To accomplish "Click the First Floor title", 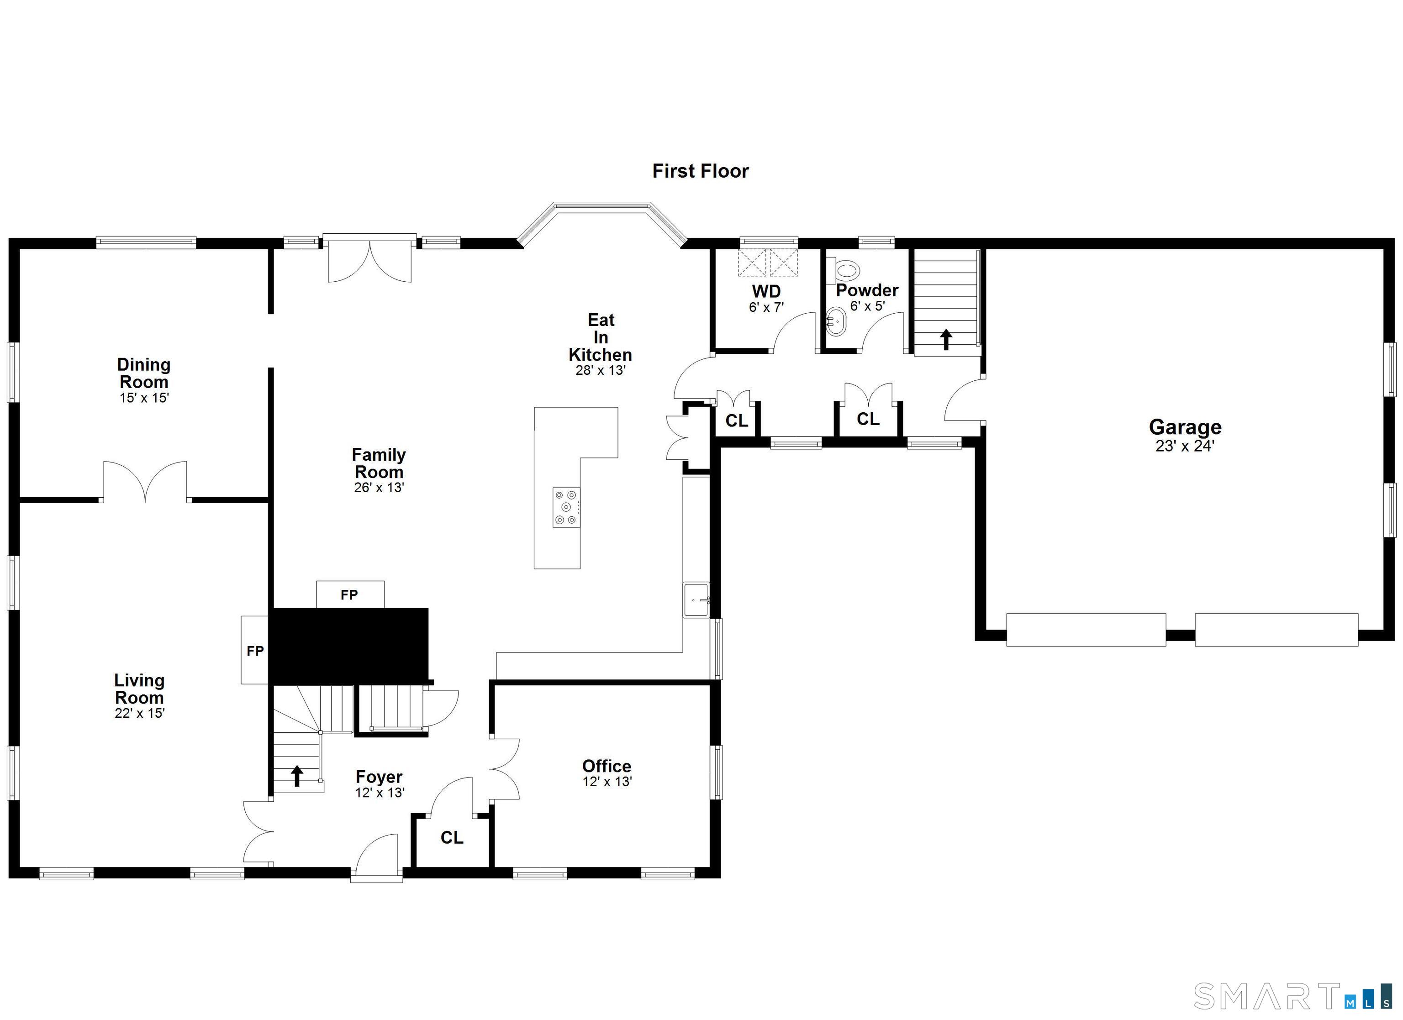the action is (700, 171).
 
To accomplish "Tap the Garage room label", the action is (1185, 427).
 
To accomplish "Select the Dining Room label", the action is (144, 373).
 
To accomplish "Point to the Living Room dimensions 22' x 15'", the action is (140, 713).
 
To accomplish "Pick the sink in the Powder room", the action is (835, 321).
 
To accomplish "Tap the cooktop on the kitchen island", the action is (567, 507).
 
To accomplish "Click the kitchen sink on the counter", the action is (696, 599).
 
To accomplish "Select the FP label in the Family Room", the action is (349, 595).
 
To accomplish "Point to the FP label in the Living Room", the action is (255, 651).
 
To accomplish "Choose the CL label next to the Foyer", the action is (452, 837).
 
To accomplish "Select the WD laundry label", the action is (766, 291).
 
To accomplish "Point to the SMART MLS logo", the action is (1292, 996).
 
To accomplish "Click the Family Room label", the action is (379, 463).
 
